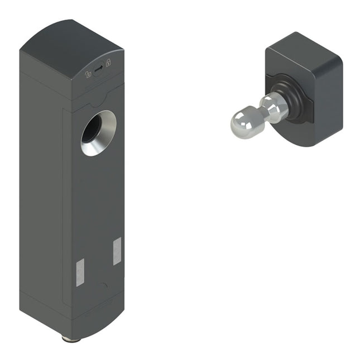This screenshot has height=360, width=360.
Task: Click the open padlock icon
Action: point(88,74)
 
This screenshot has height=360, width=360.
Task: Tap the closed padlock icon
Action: point(108,63)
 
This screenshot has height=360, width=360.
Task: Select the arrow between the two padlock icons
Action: point(98,69)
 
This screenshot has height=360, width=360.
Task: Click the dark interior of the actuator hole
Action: point(92,129)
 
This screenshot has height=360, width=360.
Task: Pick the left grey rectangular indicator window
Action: point(79,272)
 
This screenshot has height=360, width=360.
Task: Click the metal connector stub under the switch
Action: point(71,338)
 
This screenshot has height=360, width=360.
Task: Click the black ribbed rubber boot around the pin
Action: point(290,99)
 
